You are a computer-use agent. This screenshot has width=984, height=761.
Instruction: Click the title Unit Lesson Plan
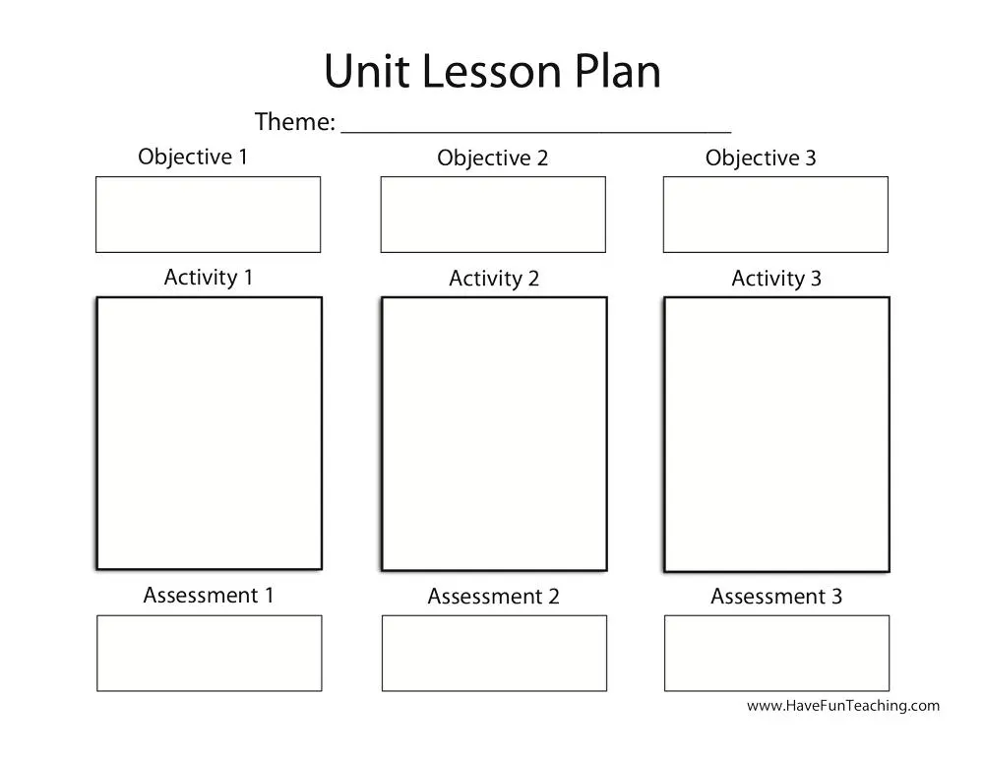click(492, 71)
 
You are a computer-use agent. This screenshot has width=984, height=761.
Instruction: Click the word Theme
click(294, 122)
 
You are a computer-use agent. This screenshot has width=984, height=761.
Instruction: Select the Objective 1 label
click(193, 157)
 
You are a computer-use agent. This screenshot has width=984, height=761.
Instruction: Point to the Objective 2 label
click(492, 159)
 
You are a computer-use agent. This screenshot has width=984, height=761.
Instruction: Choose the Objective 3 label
click(761, 159)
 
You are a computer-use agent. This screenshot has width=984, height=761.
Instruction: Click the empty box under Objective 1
click(208, 215)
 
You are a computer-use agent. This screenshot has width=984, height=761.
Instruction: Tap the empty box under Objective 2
click(493, 215)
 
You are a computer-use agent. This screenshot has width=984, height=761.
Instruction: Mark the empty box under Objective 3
click(775, 215)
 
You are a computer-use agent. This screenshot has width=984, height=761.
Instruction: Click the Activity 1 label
click(209, 278)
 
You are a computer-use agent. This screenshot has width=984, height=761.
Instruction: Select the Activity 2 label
click(494, 280)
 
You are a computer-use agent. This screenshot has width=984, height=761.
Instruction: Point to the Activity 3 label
click(776, 280)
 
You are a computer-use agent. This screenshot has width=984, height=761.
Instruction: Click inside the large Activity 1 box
click(209, 433)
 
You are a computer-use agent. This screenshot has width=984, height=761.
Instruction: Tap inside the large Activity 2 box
click(494, 433)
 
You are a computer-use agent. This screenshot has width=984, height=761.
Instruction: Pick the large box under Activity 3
click(776, 434)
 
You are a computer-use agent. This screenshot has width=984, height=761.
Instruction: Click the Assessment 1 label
click(209, 596)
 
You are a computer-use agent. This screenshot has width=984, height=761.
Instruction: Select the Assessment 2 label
click(493, 597)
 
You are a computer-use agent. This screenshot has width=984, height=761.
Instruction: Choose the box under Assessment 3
click(776, 653)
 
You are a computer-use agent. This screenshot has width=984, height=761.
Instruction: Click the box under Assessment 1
click(209, 653)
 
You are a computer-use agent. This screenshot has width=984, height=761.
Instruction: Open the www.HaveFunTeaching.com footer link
click(842, 706)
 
